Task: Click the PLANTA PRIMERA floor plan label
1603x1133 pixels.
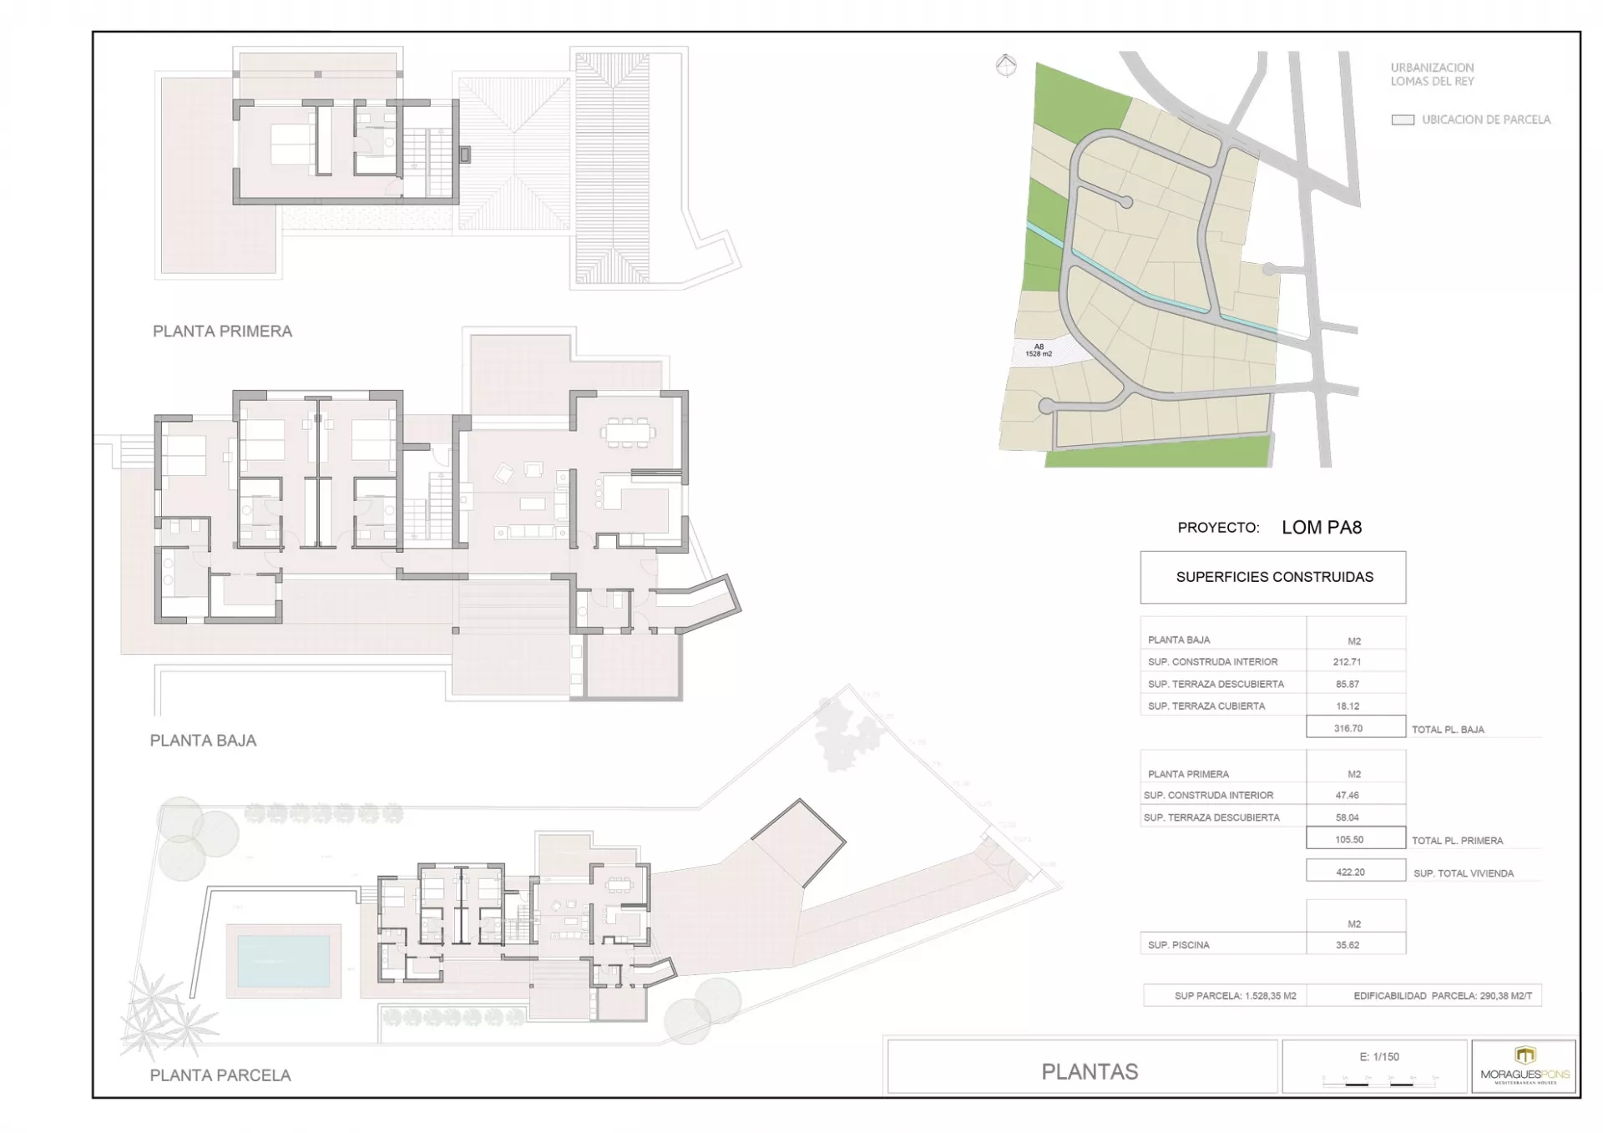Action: tap(222, 331)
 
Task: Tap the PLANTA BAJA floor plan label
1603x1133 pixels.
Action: tap(203, 741)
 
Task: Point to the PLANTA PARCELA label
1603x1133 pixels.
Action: tap(220, 1075)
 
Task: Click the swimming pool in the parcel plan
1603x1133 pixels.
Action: tap(284, 960)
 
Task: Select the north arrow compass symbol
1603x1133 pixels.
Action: tap(1006, 65)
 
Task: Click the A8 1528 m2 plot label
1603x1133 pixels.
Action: tap(1039, 351)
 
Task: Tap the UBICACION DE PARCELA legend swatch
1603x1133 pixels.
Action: tap(1403, 120)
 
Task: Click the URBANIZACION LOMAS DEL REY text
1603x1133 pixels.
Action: tap(1432, 74)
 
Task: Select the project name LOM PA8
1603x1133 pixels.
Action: tap(1322, 528)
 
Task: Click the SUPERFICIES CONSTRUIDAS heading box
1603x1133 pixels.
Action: tap(1273, 577)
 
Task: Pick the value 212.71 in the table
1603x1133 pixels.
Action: tap(1347, 662)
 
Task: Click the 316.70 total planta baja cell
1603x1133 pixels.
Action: tap(1348, 728)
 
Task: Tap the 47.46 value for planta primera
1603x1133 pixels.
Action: tap(1347, 796)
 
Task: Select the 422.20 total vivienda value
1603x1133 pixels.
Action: tap(1350, 872)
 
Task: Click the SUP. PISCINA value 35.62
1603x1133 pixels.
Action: tap(1347, 945)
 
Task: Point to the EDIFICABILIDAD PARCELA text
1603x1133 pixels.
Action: tap(1443, 996)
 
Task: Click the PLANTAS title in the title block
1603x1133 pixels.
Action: tap(1090, 1072)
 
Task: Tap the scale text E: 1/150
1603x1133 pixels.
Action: tap(1379, 1057)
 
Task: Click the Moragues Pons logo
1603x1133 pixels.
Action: tap(1525, 1065)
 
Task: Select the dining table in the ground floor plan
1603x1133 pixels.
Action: tap(628, 432)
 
